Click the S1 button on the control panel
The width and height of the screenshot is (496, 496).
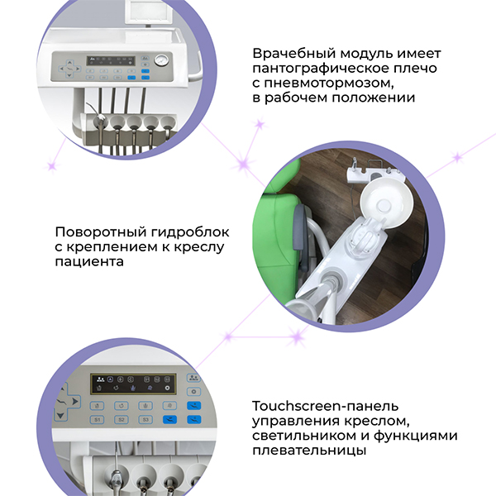(x=97, y=420)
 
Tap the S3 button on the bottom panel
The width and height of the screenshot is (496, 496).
(x=145, y=419)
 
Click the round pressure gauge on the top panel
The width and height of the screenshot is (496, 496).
(x=162, y=60)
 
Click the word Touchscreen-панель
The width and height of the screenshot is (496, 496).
(x=325, y=406)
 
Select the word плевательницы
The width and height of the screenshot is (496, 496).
(x=309, y=451)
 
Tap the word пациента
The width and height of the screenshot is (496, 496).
(x=89, y=262)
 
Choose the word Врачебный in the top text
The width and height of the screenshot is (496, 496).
(x=293, y=53)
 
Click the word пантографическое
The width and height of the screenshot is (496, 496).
(x=321, y=69)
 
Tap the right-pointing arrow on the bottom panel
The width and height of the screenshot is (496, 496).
(x=75, y=402)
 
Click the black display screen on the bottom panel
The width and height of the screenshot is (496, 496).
(x=133, y=384)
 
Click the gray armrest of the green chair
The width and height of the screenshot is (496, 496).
(x=301, y=237)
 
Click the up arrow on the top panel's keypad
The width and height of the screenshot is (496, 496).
(x=69, y=62)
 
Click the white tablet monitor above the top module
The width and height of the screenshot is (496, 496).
(x=149, y=12)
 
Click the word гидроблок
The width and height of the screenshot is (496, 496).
(x=190, y=232)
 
